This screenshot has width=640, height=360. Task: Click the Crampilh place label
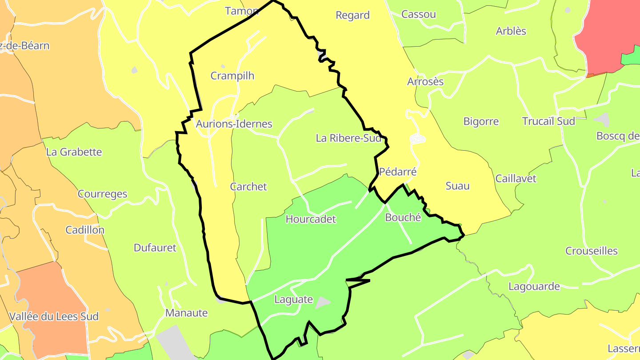(232, 76)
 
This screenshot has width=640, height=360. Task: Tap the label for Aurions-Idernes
(234, 124)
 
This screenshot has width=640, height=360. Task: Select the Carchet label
(248, 187)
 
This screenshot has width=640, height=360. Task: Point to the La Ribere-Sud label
(348, 138)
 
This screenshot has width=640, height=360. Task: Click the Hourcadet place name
(311, 219)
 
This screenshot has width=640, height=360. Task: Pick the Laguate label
(293, 300)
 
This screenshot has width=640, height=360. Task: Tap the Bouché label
(403, 217)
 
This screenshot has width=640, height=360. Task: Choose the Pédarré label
(398, 172)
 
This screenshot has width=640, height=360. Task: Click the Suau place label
(457, 186)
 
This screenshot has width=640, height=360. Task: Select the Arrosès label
(425, 82)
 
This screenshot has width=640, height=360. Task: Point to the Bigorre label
(481, 121)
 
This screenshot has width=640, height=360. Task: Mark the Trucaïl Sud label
(548, 121)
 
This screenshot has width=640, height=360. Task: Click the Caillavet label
(516, 179)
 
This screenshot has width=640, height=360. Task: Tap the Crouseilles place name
(591, 251)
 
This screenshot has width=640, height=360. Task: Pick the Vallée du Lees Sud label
(54, 317)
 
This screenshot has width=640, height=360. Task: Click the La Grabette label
(74, 152)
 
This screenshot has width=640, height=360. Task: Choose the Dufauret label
(155, 248)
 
